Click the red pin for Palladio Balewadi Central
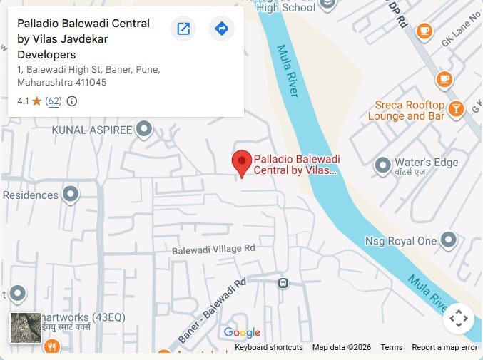(242, 163)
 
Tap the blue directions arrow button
(221, 29)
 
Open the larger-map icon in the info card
(183, 29)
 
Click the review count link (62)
(54, 101)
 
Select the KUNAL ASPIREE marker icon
(145, 130)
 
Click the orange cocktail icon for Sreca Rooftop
(456, 109)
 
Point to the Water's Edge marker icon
(383, 163)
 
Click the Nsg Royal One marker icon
(449, 240)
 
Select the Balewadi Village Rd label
(213, 250)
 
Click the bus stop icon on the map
(283, 283)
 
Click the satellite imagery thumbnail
(26, 328)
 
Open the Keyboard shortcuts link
(269, 347)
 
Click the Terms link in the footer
(392, 347)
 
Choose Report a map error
(444, 347)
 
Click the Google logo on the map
(242, 333)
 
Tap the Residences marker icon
(71, 194)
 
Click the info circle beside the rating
(72, 101)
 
